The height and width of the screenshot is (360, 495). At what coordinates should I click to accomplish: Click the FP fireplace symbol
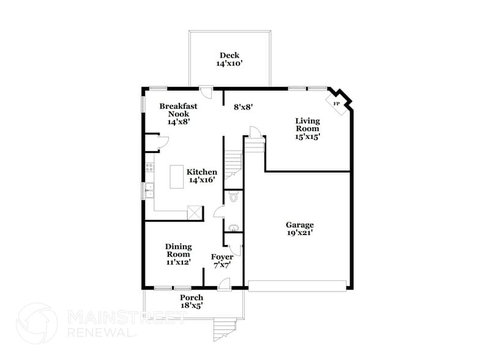[336, 103]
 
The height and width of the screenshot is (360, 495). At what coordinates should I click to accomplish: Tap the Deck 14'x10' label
[229, 59]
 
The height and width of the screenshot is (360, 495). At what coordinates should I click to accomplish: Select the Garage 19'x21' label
[300, 228]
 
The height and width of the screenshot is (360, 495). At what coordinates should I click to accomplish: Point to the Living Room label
[307, 129]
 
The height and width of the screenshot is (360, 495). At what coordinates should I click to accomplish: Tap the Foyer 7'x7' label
[221, 261]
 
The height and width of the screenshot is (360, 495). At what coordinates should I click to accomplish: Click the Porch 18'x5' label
[192, 301]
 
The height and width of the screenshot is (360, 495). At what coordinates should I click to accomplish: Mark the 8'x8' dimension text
[244, 107]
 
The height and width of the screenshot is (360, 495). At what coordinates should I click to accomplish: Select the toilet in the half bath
[232, 197]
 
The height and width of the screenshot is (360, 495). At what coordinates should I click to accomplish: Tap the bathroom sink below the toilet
[233, 228]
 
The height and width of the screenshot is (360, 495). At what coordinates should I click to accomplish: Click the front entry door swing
[225, 283]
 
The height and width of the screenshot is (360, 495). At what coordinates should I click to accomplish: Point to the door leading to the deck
[207, 92]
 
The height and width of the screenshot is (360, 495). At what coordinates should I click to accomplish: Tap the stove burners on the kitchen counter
[148, 167]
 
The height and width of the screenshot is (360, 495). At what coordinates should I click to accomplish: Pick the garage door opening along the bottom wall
[297, 285]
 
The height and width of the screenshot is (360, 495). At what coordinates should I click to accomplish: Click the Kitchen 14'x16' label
[202, 176]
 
